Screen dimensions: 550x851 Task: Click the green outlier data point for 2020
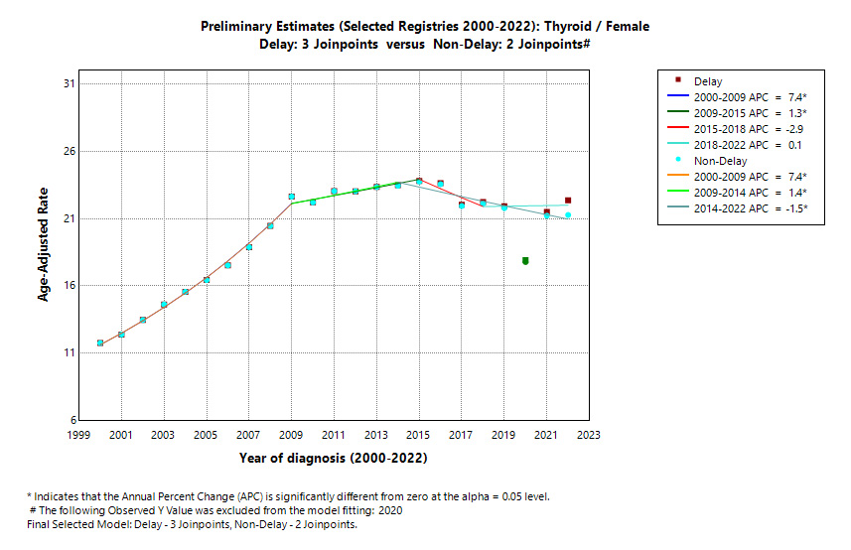525,261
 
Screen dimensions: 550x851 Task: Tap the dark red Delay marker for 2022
568,201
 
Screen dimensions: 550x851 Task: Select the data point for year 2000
100,343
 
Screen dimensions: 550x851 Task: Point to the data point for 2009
292,197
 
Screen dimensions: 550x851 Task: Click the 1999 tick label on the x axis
78,435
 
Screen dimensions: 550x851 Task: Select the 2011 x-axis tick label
334,435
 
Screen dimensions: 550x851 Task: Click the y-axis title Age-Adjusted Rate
45,251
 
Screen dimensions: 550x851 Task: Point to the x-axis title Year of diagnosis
333,458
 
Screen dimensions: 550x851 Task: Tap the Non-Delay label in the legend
722,161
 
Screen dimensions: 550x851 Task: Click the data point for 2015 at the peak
419,181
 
